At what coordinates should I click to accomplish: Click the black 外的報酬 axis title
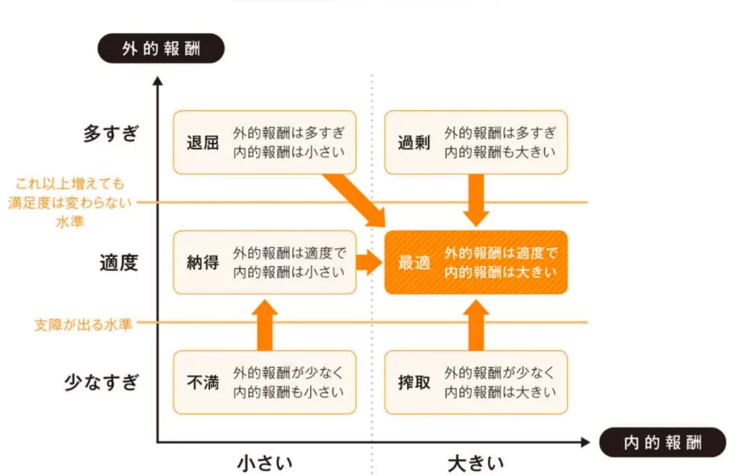pyautogui.click(x=161, y=48)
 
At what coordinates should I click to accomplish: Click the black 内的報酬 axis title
pyautogui.click(x=663, y=442)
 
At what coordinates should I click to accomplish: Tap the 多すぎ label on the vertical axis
pyautogui.click(x=110, y=134)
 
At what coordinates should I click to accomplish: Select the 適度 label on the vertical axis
pyautogui.click(x=118, y=262)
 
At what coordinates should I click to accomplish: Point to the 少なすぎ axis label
pyautogui.click(x=101, y=381)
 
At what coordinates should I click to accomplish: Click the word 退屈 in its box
pyautogui.click(x=202, y=142)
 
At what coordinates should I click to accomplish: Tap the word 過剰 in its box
pyautogui.click(x=414, y=142)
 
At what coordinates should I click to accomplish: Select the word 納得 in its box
pyautogui.click(x=202, y=262)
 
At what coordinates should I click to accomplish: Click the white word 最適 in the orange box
pyautogui.click(x=414, y=262)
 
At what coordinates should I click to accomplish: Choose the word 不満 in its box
pyautogui.click(x=202, y=382)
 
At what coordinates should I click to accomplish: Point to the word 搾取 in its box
pyautogui.click(x=414, y=382)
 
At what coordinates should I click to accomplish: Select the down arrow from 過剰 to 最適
pyautogui.click(x=476, y=199)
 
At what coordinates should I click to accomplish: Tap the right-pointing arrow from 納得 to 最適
pyautogui.click(x=369, y=262)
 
